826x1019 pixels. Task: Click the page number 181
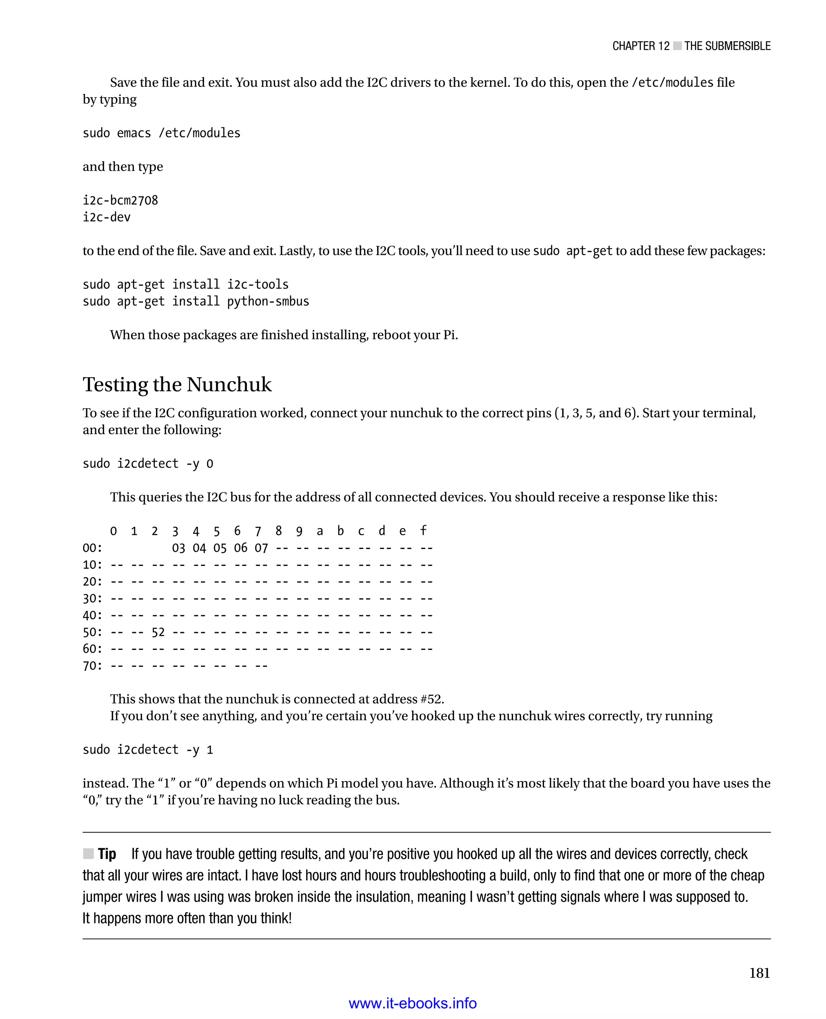point(759,973)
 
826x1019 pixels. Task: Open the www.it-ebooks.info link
point(413,1003)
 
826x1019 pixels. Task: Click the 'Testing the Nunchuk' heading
point(177,384)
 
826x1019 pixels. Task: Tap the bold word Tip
point(107,854)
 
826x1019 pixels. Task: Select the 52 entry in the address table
point(158,632)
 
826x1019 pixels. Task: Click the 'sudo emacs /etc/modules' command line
point(161,133)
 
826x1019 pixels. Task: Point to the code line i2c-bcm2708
point(120,200)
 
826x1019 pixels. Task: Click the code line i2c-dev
point(106,217)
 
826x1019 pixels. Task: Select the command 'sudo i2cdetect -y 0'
point(148,464)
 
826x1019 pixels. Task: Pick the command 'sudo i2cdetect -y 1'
point(148,750)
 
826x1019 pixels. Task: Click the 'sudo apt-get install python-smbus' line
point(196,301)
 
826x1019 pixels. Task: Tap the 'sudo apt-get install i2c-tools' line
point(186,285)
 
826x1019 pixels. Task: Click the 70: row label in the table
point(92,666)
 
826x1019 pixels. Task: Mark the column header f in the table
point(423,531)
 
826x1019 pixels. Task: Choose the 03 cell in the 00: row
point(178,548)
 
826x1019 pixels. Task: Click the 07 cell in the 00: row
point(261,548)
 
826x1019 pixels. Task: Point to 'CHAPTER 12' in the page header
point(640,46)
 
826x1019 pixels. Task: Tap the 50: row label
point(92,632)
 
